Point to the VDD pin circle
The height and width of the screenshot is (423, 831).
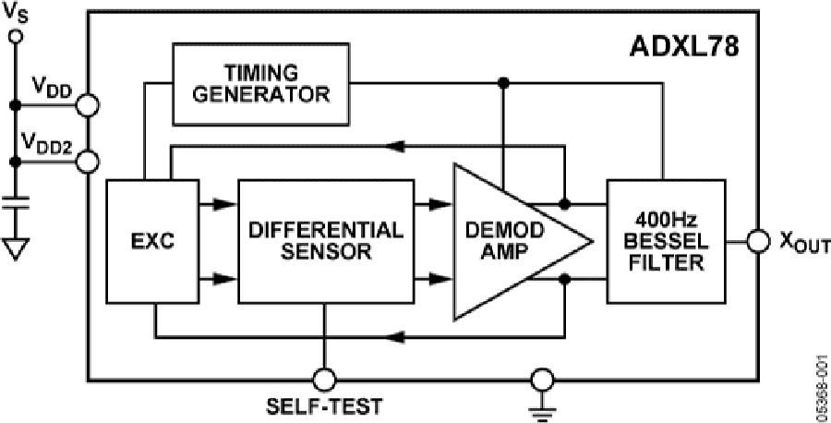[88, 104]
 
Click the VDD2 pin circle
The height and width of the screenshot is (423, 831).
[88, 163]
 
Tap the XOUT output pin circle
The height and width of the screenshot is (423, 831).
[758, 243]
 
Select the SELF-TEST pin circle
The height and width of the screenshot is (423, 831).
[324, 379]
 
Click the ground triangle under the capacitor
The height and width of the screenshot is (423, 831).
[15, 248]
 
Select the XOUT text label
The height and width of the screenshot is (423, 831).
[797, 243]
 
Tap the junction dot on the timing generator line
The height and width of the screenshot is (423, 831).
[502, 83]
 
